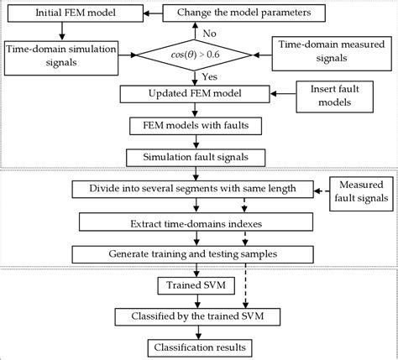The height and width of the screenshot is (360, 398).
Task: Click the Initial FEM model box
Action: pos(71,13)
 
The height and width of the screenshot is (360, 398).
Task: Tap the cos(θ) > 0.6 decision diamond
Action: pos(195,54)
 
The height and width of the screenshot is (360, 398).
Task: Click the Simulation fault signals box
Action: pos(195,156)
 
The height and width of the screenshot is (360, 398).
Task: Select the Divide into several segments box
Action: pos(195,189)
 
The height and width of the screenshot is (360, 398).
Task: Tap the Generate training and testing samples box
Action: pos(195,253)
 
